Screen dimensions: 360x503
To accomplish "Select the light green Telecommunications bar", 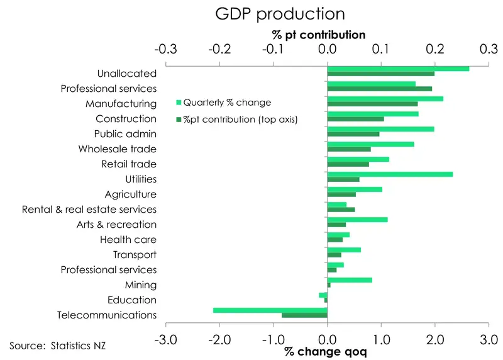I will tap(270, 310).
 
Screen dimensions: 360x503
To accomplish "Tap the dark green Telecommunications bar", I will tap(304, 315).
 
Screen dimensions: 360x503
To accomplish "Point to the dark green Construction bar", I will tap(355, 119).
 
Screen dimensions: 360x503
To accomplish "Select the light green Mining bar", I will tap(350, 280).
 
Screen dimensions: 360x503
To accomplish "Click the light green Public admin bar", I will tap(380, 129).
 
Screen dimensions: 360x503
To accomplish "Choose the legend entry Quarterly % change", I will tap(226, 103).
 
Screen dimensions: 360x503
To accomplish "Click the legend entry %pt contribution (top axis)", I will tap(240, 118).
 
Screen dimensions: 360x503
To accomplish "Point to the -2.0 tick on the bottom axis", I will tap(219, 340).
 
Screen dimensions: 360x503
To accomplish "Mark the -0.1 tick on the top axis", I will tap(273, 49).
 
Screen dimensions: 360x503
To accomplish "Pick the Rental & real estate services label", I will tap(89, 210).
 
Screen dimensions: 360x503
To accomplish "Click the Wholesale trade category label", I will tap(118, 149).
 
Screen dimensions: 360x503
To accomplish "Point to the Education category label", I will tap(132, 300).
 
